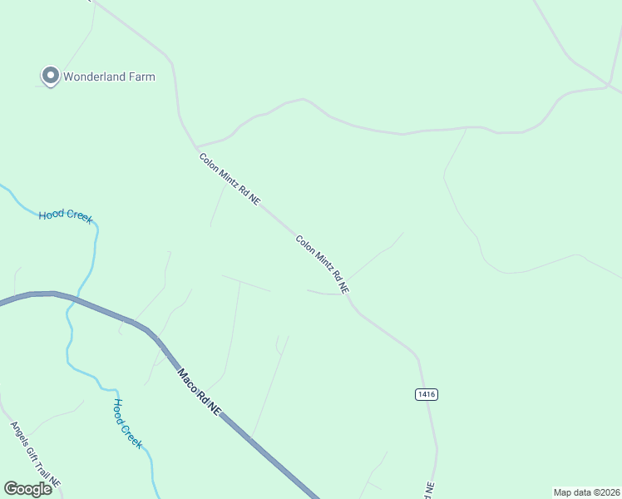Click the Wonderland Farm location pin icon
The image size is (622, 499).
click(50, 76)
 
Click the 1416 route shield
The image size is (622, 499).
click(427, 394)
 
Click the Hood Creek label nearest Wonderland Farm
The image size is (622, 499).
click(66, 216)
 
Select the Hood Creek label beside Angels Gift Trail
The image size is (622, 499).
click(128, 423)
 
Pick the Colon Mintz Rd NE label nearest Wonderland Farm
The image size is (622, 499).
click(230, 180)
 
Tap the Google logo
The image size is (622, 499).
click(27, 489)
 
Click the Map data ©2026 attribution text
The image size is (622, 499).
click(586, 492)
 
